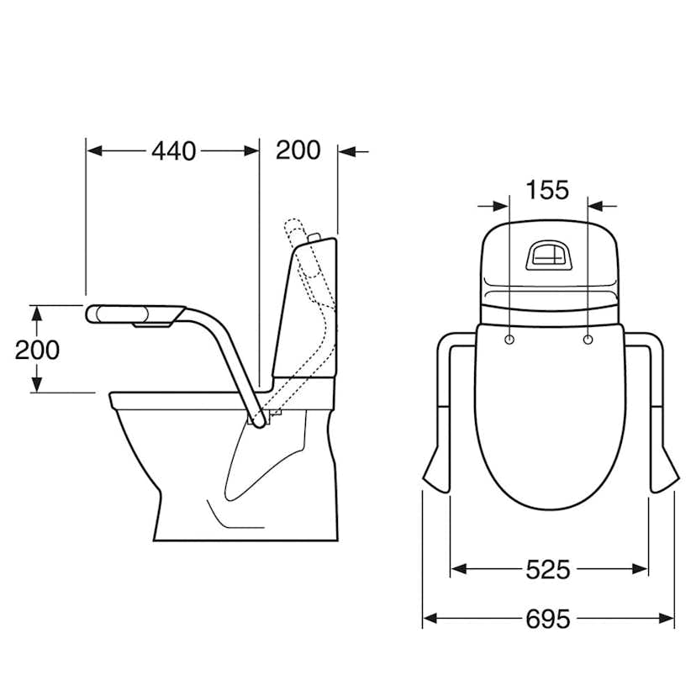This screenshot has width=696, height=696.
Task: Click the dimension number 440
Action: click(173, 151)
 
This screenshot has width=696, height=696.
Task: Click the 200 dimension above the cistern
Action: click(298, 150)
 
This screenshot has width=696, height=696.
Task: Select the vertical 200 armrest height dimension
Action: click(37, 350)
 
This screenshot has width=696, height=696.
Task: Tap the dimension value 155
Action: click(547, 190)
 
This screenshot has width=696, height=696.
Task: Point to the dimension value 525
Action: click(548, 570)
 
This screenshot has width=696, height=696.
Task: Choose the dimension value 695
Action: click(548, 619)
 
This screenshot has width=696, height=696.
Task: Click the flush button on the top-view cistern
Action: click(548, 256)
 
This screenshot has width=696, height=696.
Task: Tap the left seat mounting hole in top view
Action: click(509, 340)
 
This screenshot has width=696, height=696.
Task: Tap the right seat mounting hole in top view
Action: click(588, 340)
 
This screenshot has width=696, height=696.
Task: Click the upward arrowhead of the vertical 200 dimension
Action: click(37, 313)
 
